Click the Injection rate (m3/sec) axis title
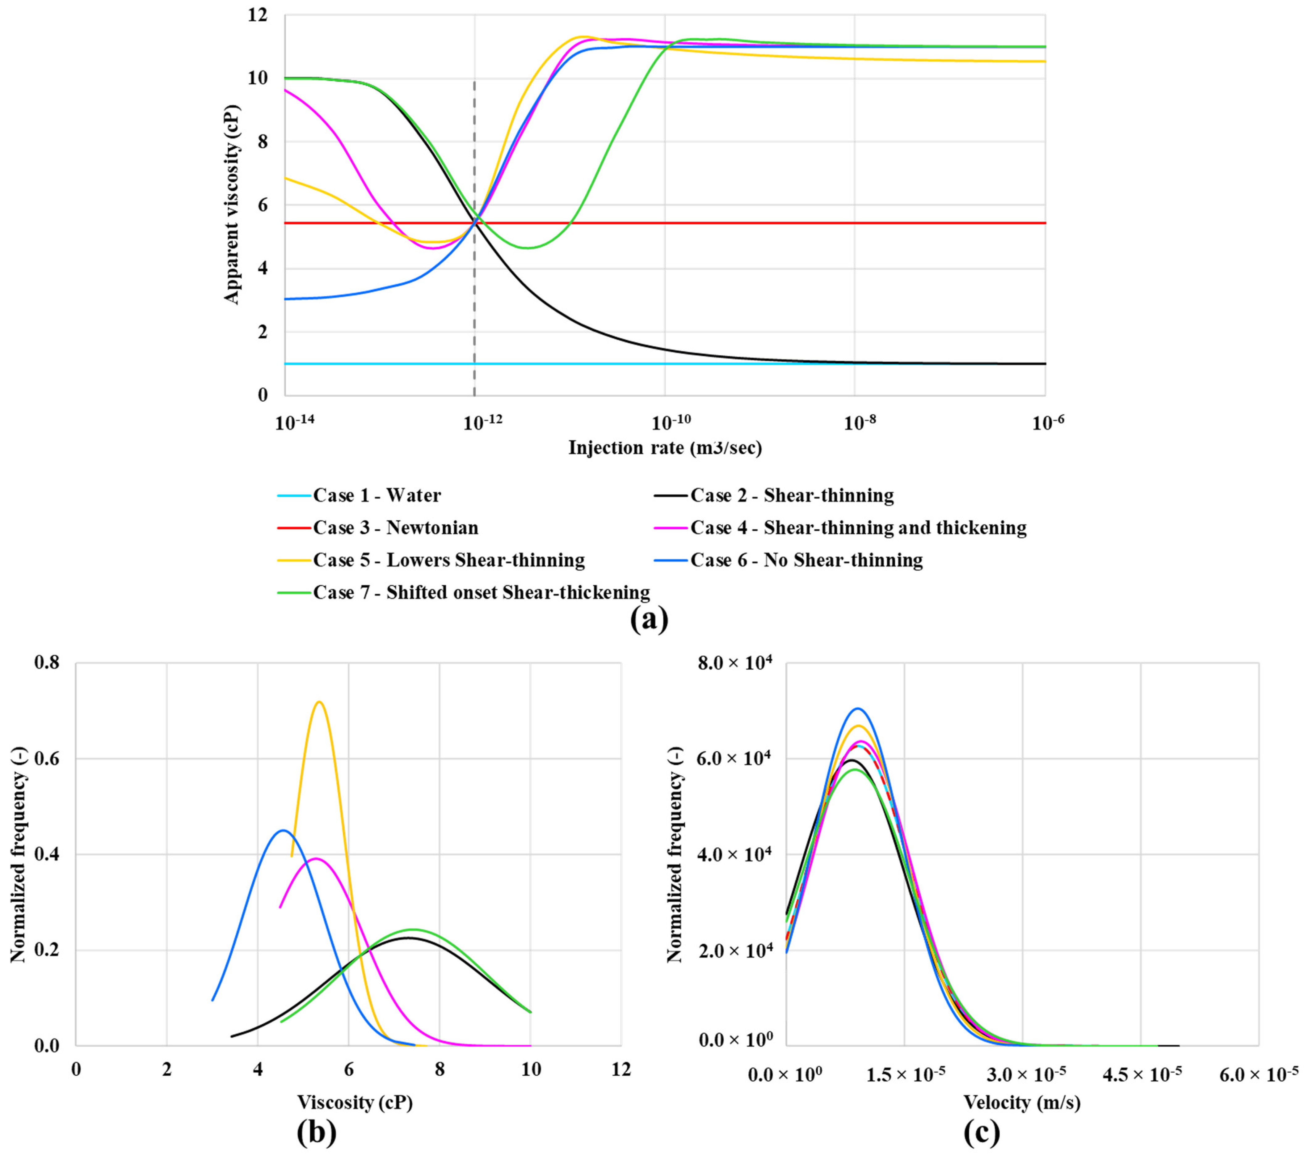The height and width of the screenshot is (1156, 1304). point(665,448)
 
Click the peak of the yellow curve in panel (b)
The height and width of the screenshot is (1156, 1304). point(319,702)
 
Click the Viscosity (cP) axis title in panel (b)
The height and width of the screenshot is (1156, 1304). point(355,1102)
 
